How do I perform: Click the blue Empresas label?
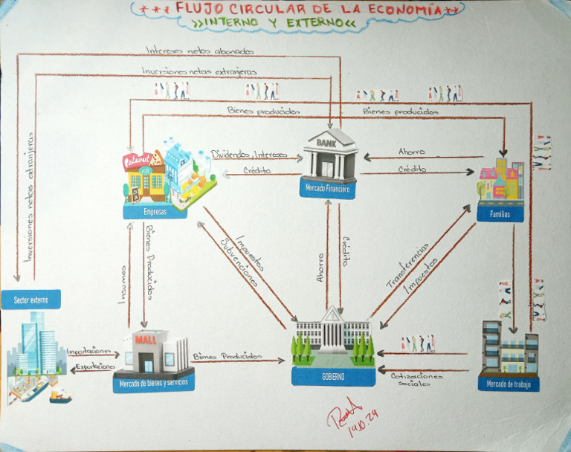[x=155, y=212]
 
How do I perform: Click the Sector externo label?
[x=30, y=300]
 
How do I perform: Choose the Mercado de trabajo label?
[x=509, y=384]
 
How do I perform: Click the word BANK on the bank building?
[x=327, y=141]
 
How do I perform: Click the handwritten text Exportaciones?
[x=94, y=367]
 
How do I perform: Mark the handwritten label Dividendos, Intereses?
[x=248, y=155]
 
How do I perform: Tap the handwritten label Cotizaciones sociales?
[x=416, y=379]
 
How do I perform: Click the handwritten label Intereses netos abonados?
[x=199, y=51]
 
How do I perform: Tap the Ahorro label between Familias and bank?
[x=411, y=152]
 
